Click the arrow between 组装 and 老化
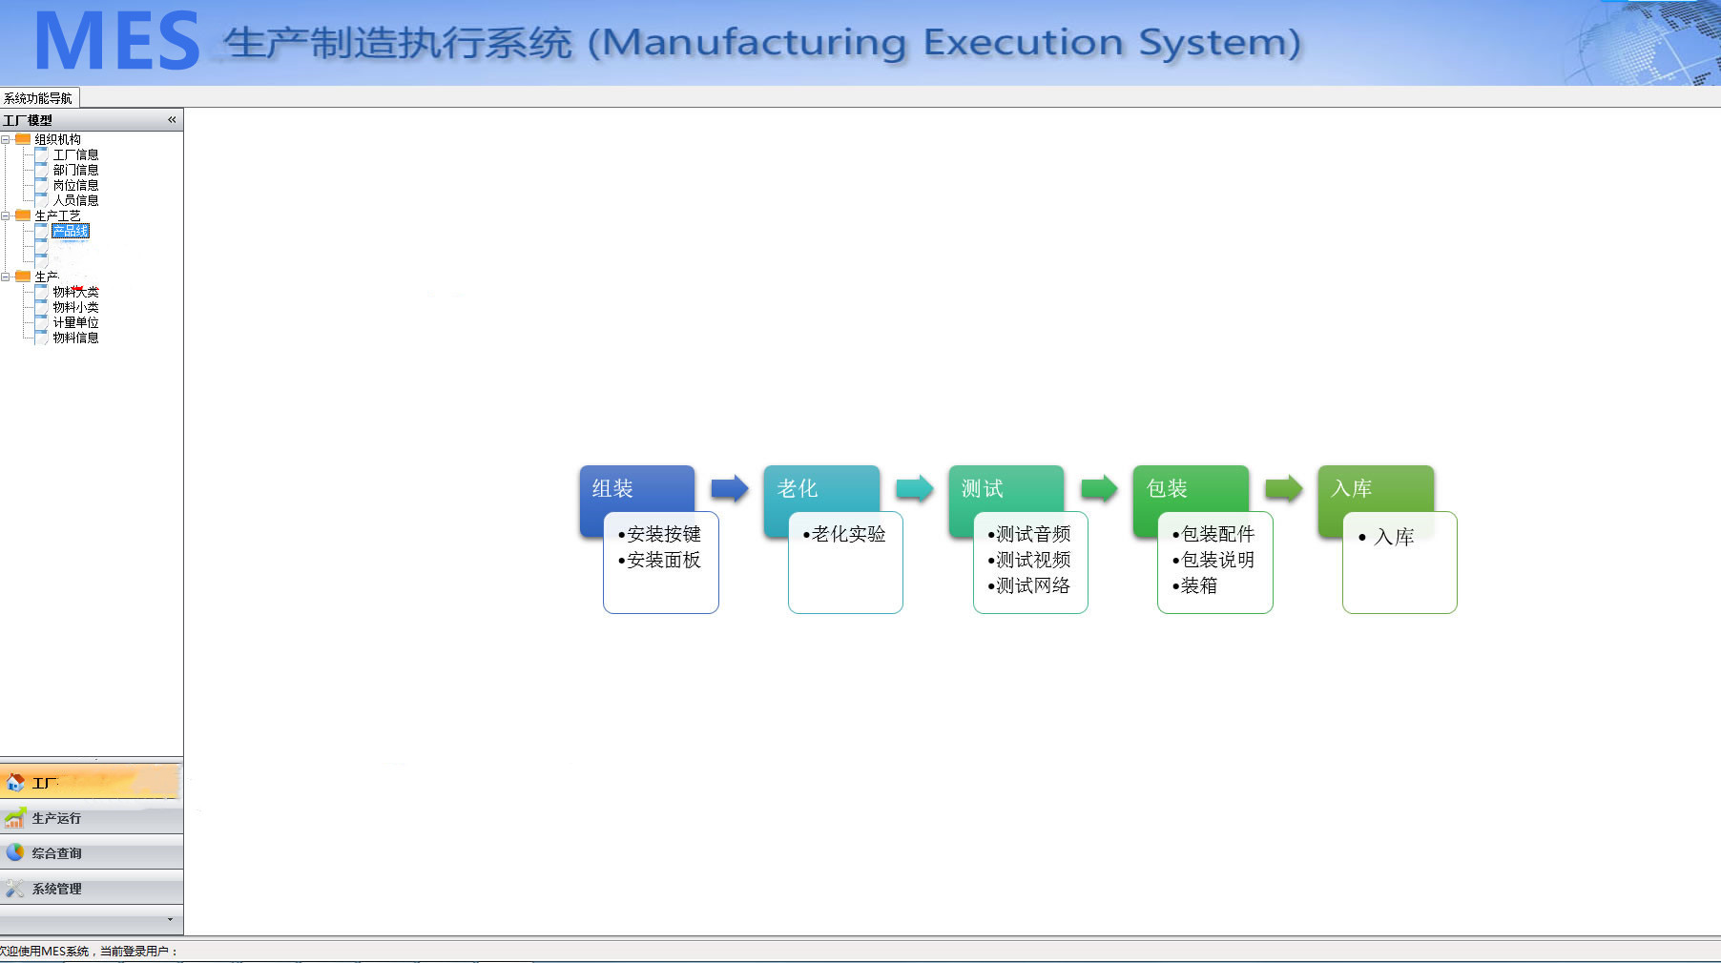[730, 489]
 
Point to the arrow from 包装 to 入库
[1283, 489]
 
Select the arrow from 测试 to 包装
[1099, 489]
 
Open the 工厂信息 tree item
[75, 154]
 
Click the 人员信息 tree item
[75, 200]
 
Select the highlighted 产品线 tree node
[71, 232]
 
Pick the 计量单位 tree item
[75, 322]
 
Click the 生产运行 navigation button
[57, 818]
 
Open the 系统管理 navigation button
[57, 889]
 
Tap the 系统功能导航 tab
[38, 98]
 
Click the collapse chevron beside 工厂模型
[172, 120]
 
